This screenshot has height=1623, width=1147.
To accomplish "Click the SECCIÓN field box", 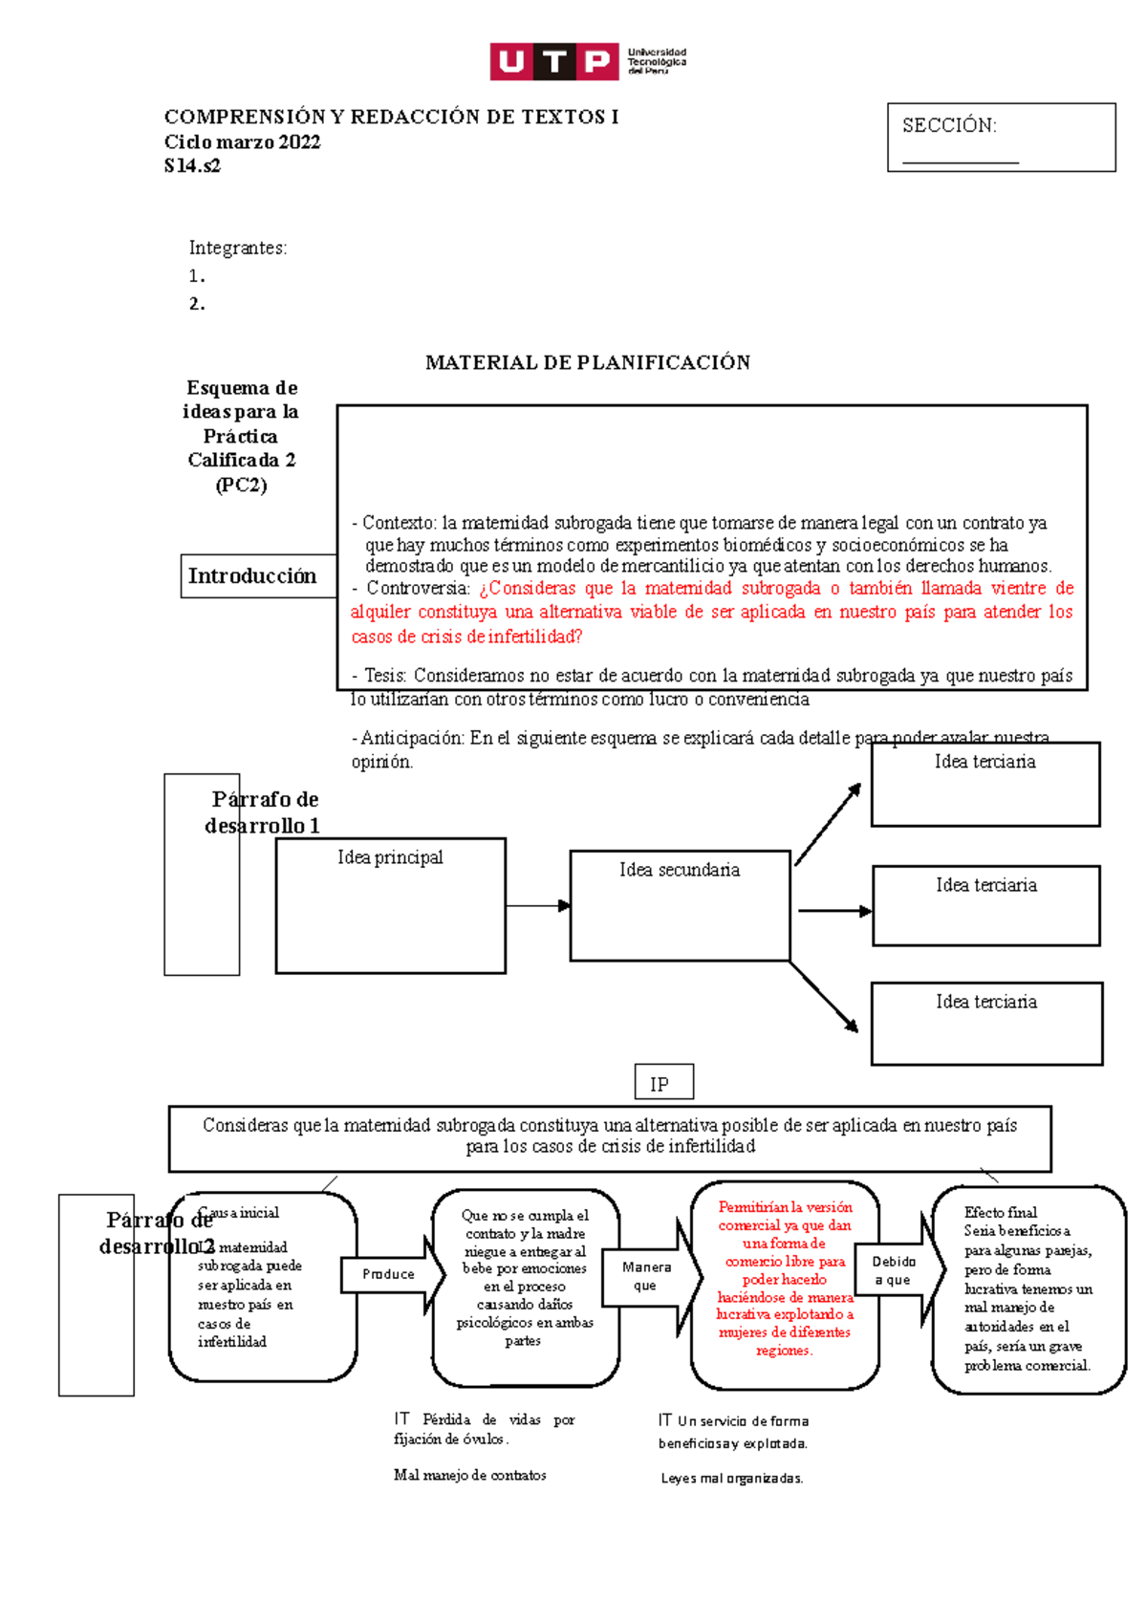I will pyautogui.click(x=1001, y=138).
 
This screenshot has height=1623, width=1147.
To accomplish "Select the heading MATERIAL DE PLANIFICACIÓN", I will pyautogui.click(x=588, y=362).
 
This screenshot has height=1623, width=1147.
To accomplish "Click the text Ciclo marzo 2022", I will pyautogui.click(x=242, y=141).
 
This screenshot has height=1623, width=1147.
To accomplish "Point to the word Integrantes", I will pyautogui.click(x=237, y=248).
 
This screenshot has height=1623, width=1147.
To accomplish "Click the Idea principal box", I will pyautogui.click(x=390, y=905).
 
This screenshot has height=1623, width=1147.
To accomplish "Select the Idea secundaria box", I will pyautogui.click(x=680, y=905).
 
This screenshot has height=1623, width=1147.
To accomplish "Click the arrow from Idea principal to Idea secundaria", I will pyautogui.click(x=537, y=905).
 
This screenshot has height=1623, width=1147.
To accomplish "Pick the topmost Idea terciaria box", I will pyautogui.click(x=985, y=784).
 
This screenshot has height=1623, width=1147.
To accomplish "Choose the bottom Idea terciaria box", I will pyautogui.click(x=986, y=1023).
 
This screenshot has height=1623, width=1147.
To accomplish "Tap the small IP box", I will pyautogui.click(x=663, y=1083).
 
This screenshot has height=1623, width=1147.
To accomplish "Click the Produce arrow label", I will pyautogui.click(x=389, y=1274).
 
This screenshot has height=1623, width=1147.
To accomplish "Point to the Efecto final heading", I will pyautogui.click(x=1000, y=1212).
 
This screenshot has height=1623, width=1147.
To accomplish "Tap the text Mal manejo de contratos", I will pyautogui.click(x=469, y=1475).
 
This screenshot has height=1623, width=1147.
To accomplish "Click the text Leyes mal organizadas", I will pyautogui.click(x=731, y=1478).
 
